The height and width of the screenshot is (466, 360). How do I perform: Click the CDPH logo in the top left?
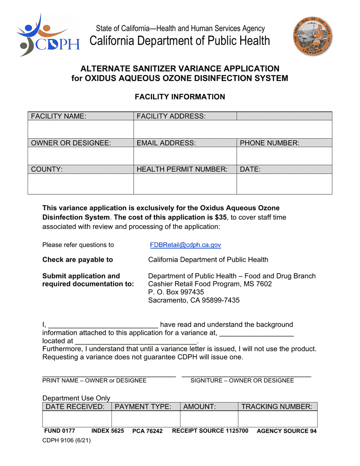[48, 35]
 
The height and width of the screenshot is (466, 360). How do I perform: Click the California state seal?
[313, 37]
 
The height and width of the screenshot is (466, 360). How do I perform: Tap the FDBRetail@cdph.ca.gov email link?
[185, 245]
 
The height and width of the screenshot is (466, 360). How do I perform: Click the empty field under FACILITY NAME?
[81, 130]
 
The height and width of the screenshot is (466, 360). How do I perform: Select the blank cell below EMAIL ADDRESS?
[185, 156]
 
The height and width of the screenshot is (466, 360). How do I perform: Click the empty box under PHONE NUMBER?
[284, 156]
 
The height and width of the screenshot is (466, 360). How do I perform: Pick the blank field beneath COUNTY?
[81, 184]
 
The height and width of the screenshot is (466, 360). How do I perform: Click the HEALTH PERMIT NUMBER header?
[182, 170]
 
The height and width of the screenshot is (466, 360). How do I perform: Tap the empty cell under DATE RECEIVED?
[77, 419]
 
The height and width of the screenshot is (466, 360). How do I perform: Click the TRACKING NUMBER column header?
[277, 407]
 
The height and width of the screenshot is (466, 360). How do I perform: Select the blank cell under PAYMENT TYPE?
[146, 419]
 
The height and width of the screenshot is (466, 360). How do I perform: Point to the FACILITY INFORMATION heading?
[180, 97]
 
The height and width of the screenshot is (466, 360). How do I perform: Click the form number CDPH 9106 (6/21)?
[66, 441]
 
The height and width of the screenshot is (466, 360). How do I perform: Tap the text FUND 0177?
[60, 431]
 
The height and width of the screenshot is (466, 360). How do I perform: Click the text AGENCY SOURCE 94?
[286, 431]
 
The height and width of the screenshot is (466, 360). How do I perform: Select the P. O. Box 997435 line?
[176, 292]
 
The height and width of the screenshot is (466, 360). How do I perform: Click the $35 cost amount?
[220, 217]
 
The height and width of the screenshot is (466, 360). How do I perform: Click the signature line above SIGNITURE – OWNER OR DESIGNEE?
[246, 375]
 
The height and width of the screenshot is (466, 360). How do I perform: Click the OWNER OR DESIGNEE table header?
[71, 143]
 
